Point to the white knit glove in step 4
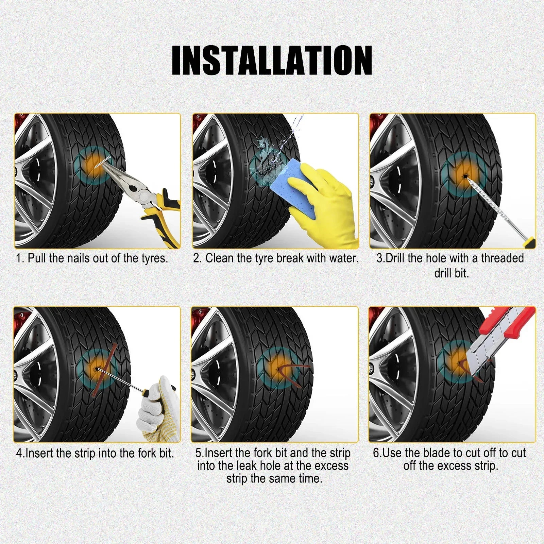(x=158, y=408)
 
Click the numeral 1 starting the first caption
(x=19, y=258)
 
